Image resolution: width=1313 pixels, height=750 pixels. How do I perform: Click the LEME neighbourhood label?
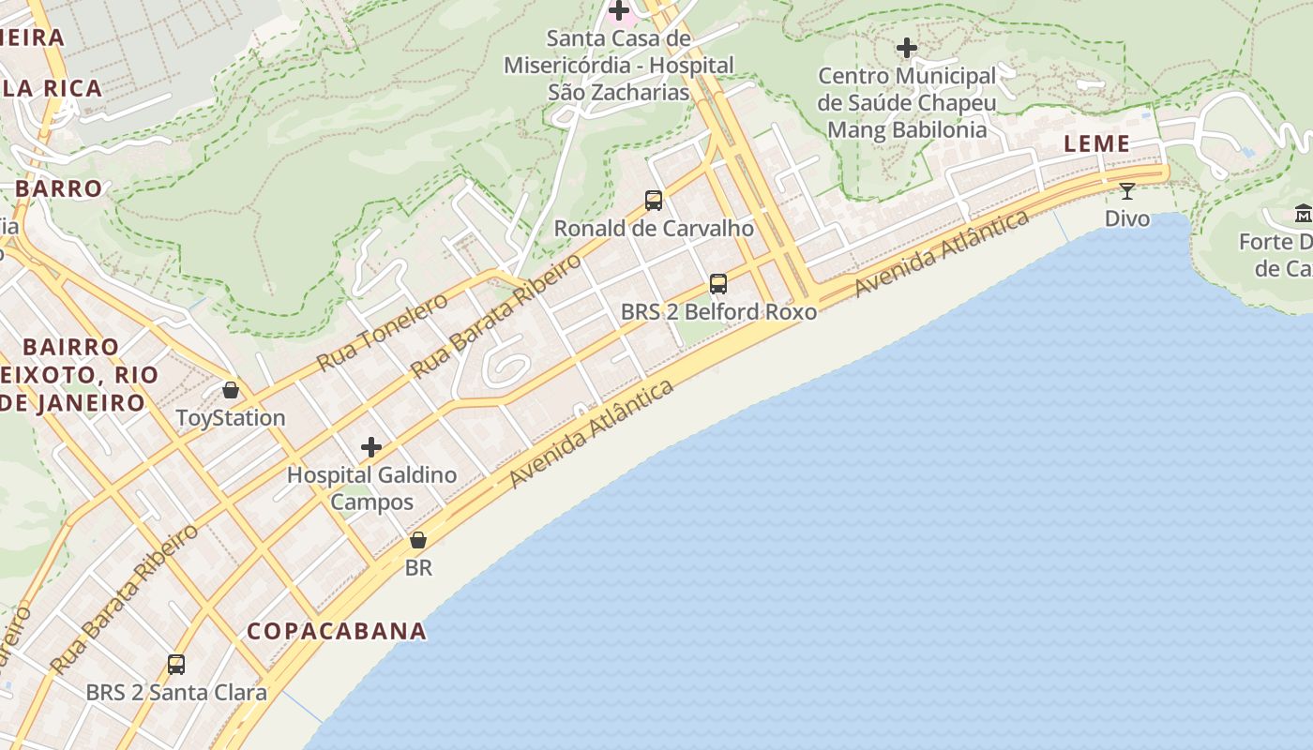1096,143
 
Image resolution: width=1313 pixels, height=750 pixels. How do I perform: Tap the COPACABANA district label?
337,631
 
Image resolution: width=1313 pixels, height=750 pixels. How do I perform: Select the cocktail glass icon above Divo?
1127,191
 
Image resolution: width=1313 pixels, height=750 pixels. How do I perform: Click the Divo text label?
1126,218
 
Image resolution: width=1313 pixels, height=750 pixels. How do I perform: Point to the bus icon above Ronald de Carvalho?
654,200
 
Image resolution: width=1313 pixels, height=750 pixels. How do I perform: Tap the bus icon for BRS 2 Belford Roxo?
718,283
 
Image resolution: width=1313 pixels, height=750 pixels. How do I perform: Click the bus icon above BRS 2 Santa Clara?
175,665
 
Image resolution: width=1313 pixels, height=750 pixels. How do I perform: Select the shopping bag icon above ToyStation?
231,389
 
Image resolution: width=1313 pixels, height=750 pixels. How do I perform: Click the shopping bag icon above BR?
418,540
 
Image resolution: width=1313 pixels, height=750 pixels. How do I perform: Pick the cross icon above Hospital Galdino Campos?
371,447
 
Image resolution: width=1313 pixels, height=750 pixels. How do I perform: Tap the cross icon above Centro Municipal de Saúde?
907,47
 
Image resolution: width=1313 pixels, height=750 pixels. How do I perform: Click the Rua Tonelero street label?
382,331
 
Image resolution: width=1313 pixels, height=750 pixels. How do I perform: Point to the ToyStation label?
231,417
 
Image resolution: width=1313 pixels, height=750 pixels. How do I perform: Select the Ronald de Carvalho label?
654,228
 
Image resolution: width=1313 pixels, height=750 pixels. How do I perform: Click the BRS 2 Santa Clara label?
176,693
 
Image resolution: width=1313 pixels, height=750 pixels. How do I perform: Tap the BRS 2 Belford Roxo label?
718,311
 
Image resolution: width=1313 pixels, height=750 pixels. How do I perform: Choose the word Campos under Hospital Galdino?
371,502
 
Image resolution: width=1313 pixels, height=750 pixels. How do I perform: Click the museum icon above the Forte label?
1303,215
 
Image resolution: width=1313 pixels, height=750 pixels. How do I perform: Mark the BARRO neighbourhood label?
58,188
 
